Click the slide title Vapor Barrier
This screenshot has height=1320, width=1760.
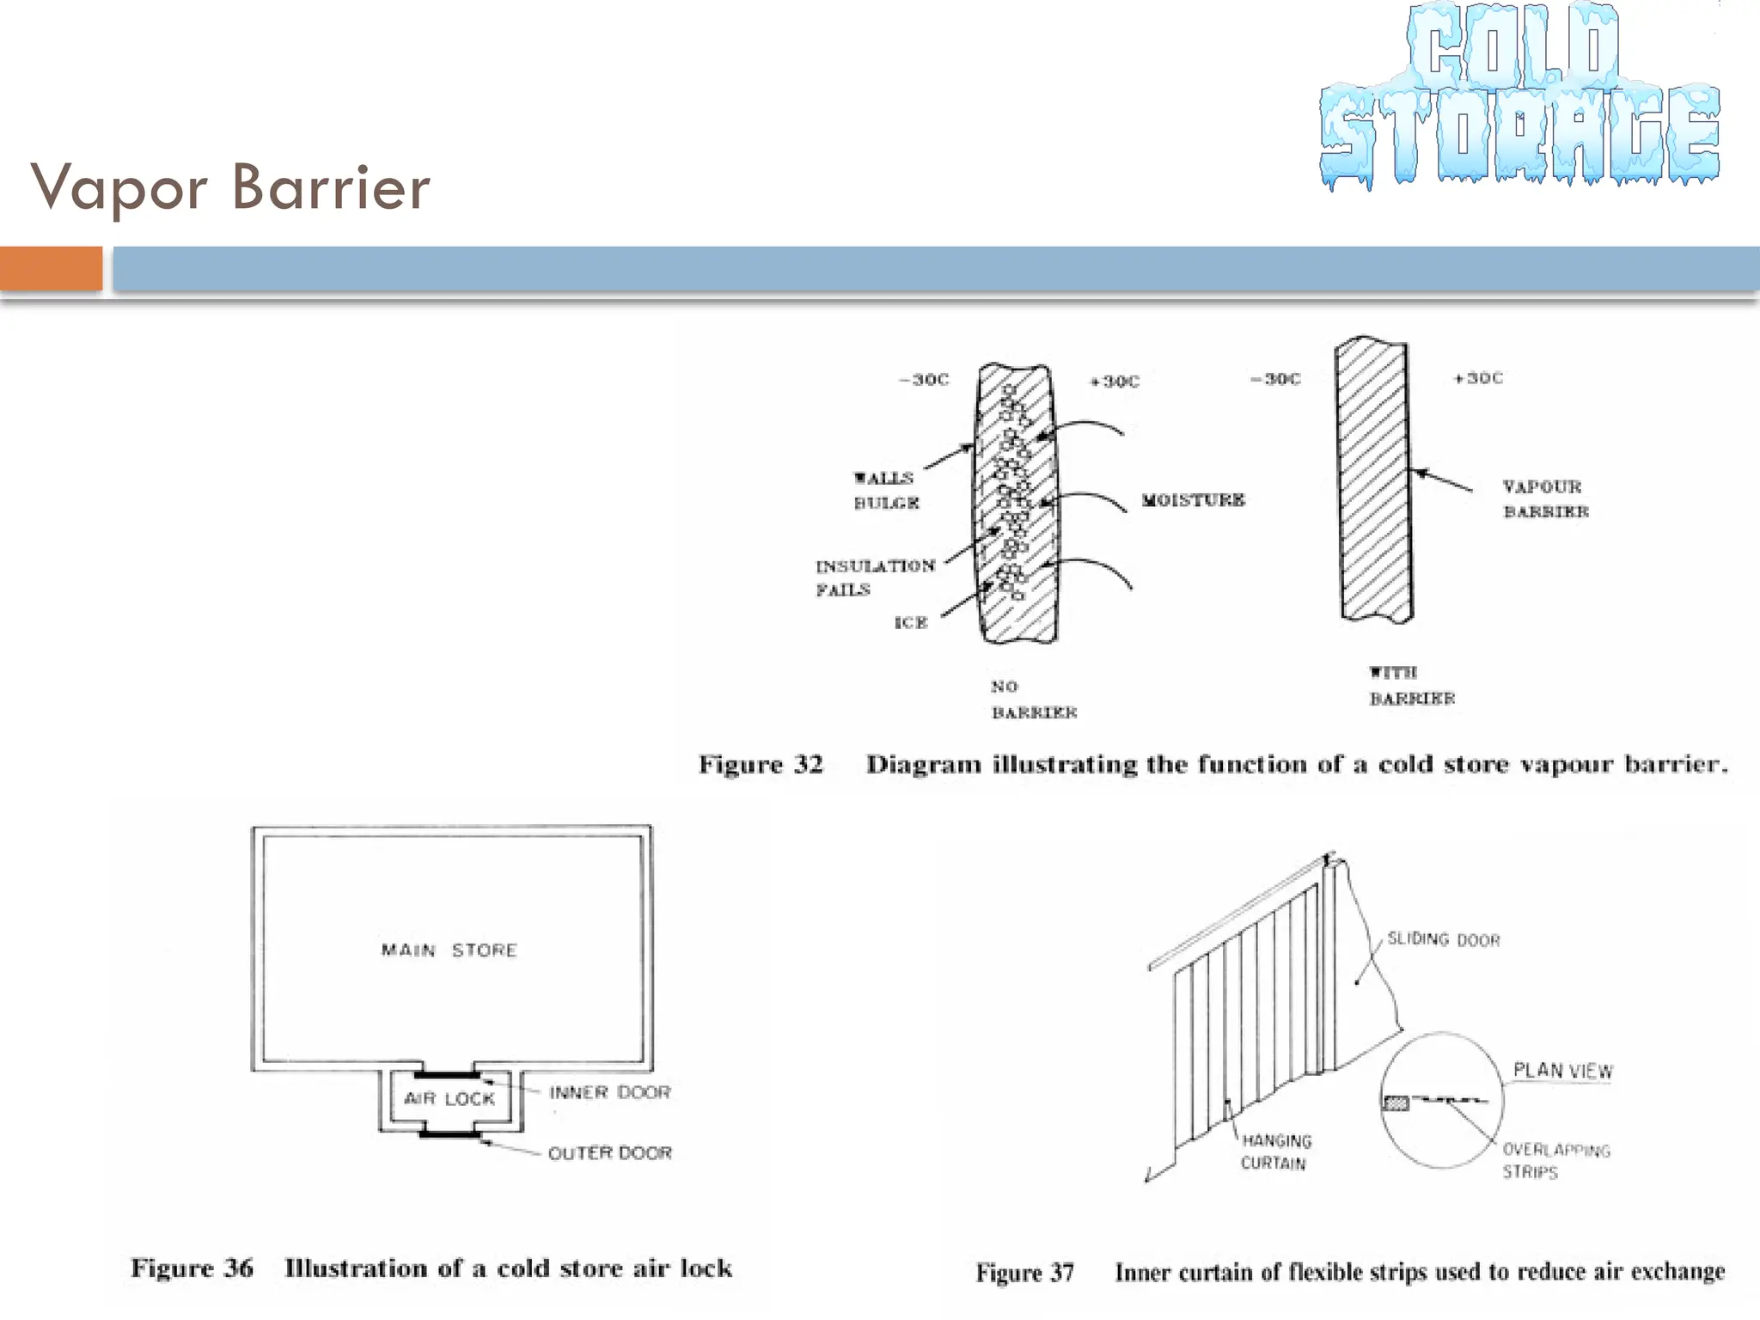pos(230,186)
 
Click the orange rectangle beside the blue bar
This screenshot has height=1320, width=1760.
pos(51,268)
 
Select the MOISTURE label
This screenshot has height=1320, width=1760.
pos(1193,500)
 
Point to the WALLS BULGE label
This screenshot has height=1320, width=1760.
pos(885,490)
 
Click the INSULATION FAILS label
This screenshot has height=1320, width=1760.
pos(874,577)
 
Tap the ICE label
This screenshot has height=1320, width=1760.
pos(911,623)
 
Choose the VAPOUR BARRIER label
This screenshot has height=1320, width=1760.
pos(1544,498)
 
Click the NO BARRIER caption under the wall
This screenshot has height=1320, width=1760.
pos(1033,700)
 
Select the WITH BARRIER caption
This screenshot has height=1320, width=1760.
pos(1411,685)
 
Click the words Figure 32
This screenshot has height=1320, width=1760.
pos(761,764)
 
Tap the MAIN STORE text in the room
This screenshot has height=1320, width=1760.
pos(449,950)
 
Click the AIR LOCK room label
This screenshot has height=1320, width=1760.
pos(449,1098)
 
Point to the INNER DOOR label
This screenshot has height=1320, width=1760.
pos(609,1092)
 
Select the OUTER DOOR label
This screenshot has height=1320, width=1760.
pos(609,1152)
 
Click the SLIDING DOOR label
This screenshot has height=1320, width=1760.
pos(1443,939)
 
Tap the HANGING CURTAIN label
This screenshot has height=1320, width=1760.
pos(1275,1152)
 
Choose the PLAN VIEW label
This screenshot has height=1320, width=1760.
pos(1562,1071)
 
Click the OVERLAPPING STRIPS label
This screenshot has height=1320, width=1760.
pos(1555,1160)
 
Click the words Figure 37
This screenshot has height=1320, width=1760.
pos(1024,1272)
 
